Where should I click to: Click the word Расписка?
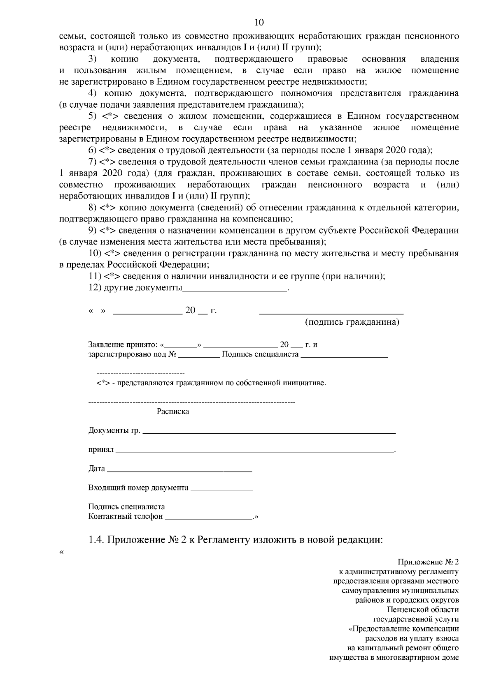coord(173,411)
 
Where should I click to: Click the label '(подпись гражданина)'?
coord(352,322)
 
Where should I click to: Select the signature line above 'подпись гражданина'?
coord(331,313)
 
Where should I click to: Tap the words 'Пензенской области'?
coord(423,610)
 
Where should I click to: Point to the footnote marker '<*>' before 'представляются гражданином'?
coord(103,383)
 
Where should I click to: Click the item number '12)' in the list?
coord(95,288)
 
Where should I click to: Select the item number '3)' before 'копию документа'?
coord(92,59)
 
